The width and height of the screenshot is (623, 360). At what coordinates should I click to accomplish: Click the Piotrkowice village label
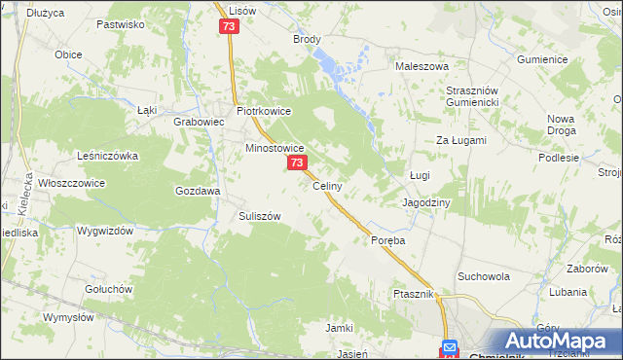click(x=263, y=111)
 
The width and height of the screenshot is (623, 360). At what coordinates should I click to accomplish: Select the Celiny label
click(x=326, y=186)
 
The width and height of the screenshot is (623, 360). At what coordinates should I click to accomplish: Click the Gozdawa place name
click(x=196, y=192)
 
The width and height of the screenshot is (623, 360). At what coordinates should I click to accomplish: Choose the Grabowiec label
click(x=199, y=123)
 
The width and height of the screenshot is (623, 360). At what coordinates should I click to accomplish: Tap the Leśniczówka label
click(x=108, y=155)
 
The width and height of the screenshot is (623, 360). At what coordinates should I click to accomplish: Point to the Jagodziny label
click(x=426, y=202)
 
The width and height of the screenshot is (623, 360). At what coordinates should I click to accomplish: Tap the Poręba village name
click(x=386, y=239)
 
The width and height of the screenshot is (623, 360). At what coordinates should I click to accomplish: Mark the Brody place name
click(x=307, y=40)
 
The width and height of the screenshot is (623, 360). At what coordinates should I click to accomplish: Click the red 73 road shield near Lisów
click(x=229, y=27)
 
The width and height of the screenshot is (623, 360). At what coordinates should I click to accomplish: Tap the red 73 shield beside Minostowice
click(x=297, y=164)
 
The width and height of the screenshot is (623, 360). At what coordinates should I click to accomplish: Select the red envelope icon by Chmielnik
click(x=449, y=347)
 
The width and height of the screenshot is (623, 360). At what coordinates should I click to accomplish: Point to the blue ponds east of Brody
click(x=337, y=68)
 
